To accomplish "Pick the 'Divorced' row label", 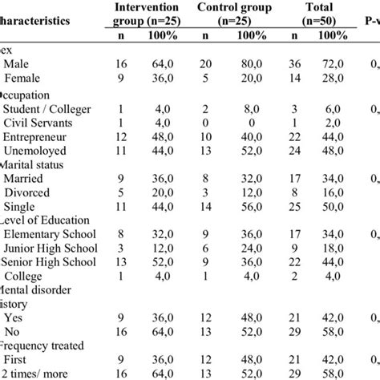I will pyautogui.click(x=30, y=200).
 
